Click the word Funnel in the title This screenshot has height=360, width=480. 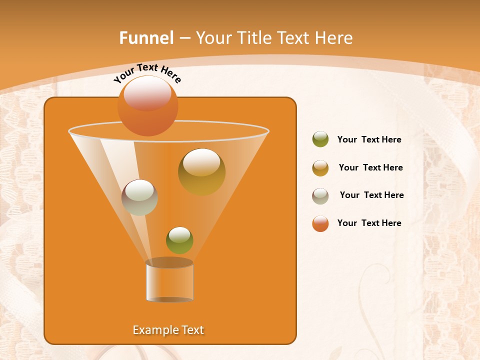coord(146,38)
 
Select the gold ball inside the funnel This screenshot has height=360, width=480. coord(201,173)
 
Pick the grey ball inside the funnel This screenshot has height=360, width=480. coord(139,198)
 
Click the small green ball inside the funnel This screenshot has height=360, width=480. coord(179,240)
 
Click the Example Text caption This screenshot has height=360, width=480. coord(168,330)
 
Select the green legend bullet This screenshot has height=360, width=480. coord(320,139)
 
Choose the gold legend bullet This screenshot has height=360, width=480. coord(320,168)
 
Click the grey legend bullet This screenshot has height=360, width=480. coord(320,196)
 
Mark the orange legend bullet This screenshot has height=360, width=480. coord(320,223)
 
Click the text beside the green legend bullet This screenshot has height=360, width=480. coord(369,140)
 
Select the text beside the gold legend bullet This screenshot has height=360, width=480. coord(370,168)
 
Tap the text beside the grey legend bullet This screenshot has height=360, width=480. coord(371,195)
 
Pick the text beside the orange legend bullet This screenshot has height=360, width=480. coord(369,223)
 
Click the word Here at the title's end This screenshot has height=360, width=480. coord(334,38)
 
